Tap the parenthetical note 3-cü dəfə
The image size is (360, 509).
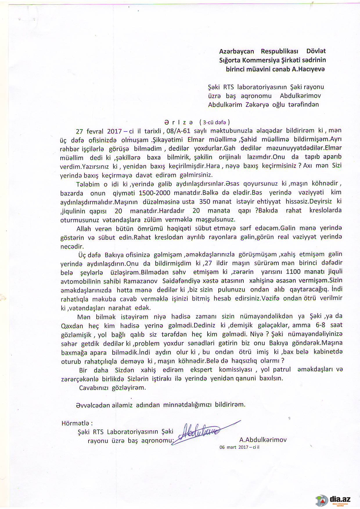click(x=215, y=122)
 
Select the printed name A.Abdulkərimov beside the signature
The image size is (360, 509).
click(x=263, y=440)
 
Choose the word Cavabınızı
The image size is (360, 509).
click(x=95, y=388)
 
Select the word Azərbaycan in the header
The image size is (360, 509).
click(x=237, y=51)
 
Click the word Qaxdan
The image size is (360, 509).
click(x=71, y=326)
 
